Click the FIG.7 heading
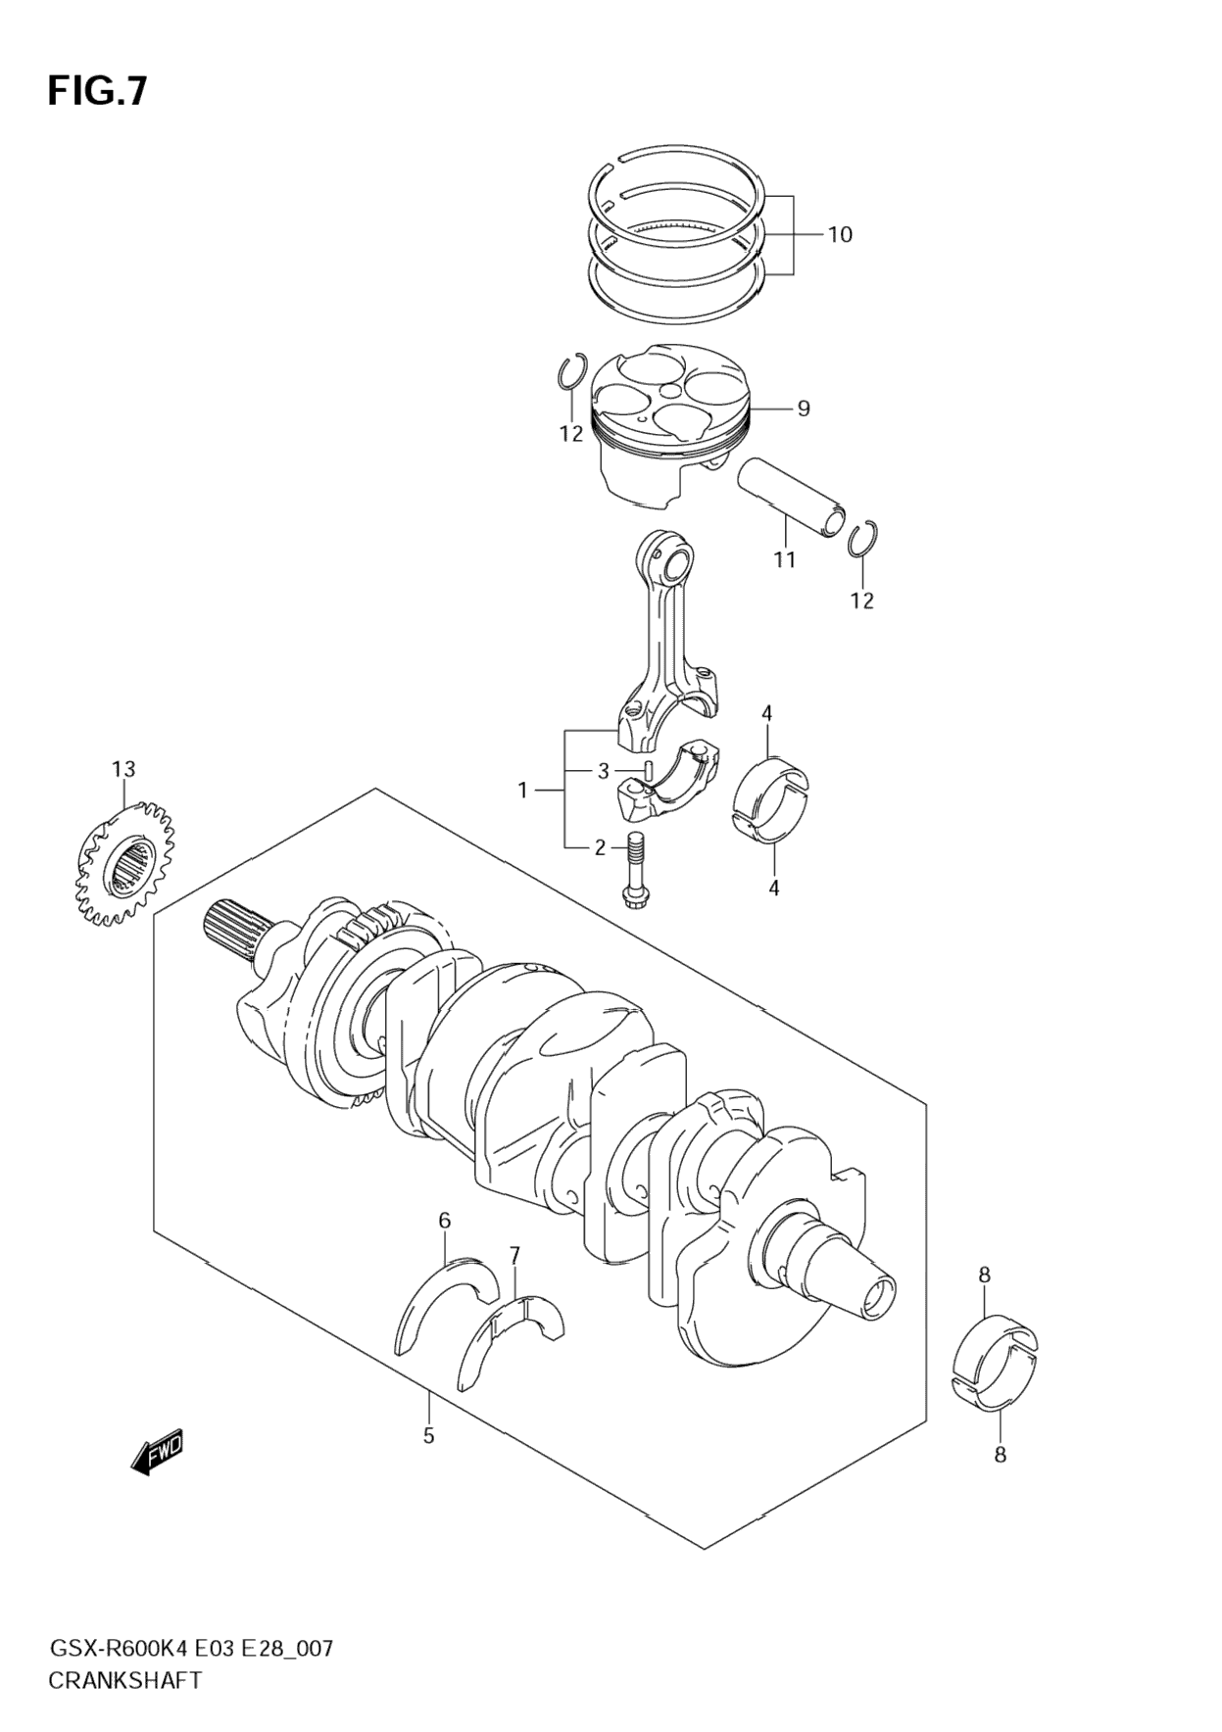(x=97, y=90)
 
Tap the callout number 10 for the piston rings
(x=839, y=235)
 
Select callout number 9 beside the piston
(x=803, y=409)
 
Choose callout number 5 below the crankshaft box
(x=428, y=1435)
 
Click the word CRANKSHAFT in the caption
(x=124, y=1680)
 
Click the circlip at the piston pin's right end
(x=863, y=540)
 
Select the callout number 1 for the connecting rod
(x=522, y=790)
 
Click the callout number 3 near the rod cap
(x=604, y=772)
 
